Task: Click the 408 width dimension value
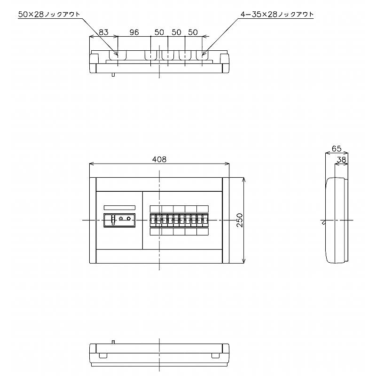(159, 159)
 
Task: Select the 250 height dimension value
(240, 220)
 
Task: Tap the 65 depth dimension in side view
(337, 149)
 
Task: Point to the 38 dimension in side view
(342, 159)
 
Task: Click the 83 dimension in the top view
(103, 32)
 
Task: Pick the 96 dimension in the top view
(134, 32)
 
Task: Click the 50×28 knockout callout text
(49, 15)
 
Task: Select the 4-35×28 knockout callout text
(277, 15)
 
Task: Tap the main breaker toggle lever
(113, 219)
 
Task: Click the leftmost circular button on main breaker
(121, 219)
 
